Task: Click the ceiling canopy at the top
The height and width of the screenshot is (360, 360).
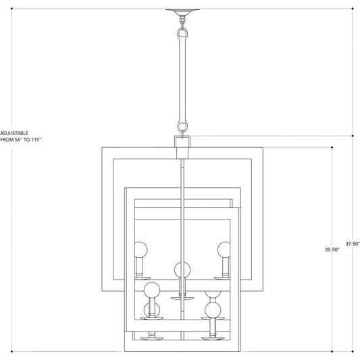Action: [182, 12]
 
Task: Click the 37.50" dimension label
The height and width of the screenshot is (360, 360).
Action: [353, 244]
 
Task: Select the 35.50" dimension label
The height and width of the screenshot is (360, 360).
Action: [332, 249]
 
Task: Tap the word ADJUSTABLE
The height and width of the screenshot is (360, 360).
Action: [14, 133]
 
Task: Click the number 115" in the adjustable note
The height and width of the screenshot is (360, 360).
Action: [34, 140]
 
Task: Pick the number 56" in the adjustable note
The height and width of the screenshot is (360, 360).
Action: [16, 140]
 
